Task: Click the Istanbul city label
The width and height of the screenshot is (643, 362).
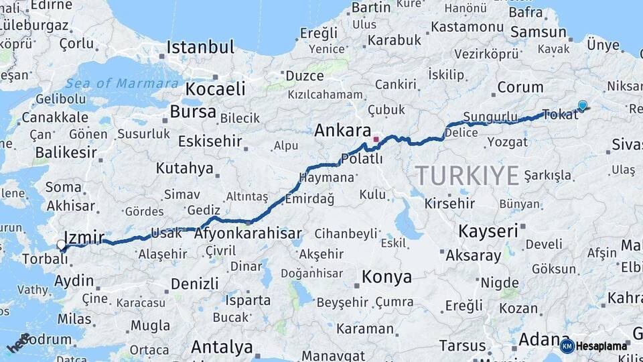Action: [x=200, y=48]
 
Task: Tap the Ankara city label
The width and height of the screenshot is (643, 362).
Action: [x=342, y=130]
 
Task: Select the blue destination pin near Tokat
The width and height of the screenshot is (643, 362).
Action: [x=582, y=105]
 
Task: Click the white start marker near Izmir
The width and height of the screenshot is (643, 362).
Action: [x=62, y=245]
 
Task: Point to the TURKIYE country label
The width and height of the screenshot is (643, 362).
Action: [x=467, y=176]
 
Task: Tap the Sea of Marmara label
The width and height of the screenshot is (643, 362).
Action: [x=123, y=83]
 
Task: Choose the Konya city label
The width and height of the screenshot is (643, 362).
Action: [x=386, y=276]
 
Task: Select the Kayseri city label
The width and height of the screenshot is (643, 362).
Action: [x=488, y=231]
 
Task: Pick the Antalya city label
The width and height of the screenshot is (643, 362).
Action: [x=222, y=347]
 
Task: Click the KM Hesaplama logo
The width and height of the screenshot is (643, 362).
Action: [x=593, y=346]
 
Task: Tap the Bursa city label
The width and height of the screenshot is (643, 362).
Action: [x=193, y=111]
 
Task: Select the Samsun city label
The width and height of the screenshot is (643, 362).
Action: [x=537, y=32]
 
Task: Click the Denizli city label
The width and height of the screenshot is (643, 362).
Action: [x=194, y=283]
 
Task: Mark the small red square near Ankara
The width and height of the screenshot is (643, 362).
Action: [x=376, y=139]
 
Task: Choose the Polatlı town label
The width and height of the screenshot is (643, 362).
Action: [x=362, y=158]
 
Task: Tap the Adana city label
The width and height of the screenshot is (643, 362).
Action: [x=544, y=339]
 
